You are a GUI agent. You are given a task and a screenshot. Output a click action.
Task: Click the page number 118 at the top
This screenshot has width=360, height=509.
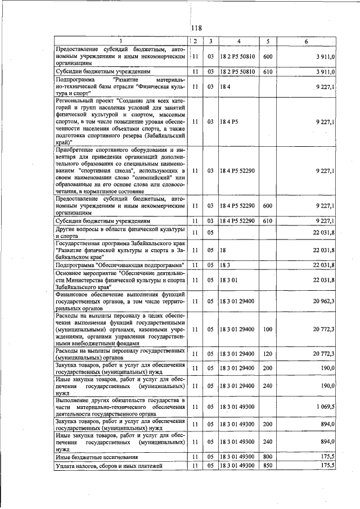coord(196,28)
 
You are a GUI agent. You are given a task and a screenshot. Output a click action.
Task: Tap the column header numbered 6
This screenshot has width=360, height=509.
coord(306,41)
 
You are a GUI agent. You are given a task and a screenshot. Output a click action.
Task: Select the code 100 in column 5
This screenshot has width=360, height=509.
coord(268,328)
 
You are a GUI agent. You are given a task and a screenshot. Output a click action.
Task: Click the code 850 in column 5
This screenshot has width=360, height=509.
coord(268,466)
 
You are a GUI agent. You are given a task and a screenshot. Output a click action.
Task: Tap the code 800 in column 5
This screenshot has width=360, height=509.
coord(268,457)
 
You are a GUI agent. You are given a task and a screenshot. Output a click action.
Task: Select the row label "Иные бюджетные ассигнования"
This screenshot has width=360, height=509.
coord(94,457)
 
